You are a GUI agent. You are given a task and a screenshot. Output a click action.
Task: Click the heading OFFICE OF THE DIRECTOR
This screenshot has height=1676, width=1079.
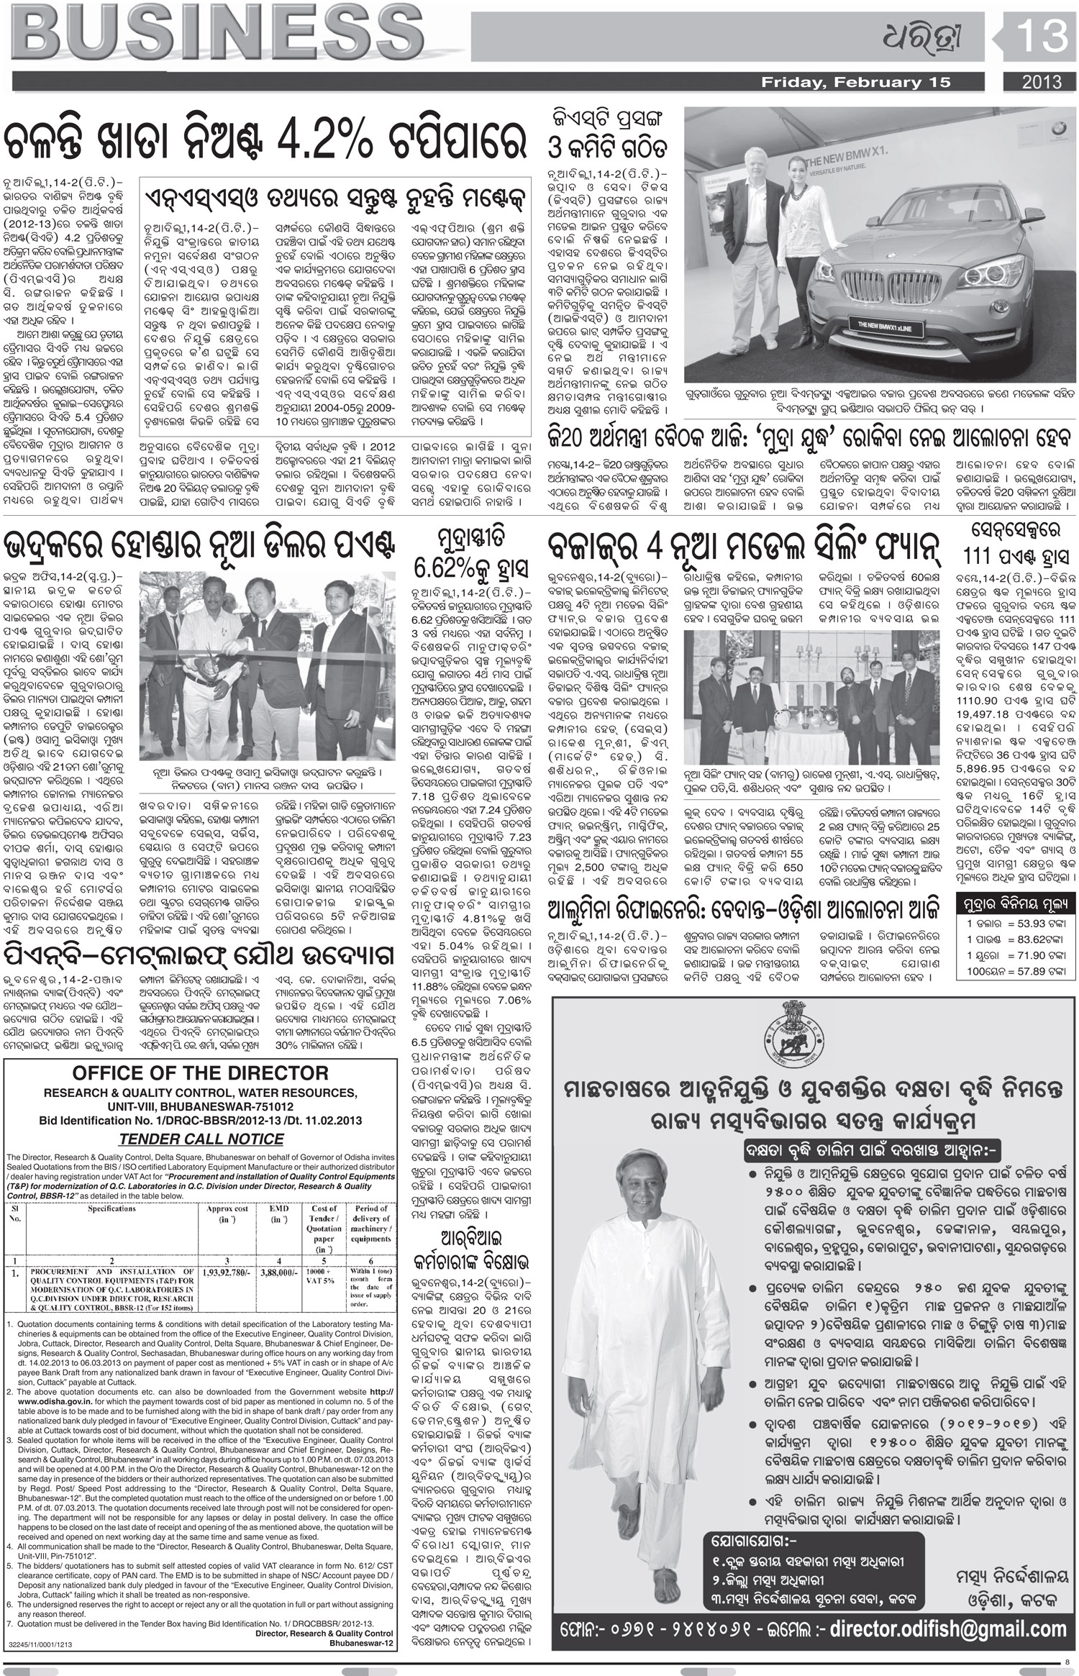pos(201,1073)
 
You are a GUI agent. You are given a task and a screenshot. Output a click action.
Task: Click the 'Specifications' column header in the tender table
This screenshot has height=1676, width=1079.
pos(111,1208)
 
